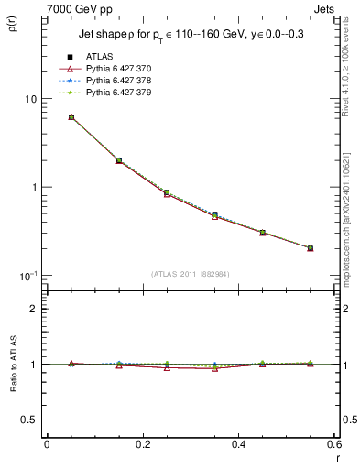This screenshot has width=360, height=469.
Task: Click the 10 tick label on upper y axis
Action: [29, 99]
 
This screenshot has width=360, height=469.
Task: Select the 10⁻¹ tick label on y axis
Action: [27, 276]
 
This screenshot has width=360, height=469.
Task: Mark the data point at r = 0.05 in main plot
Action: [71, 117]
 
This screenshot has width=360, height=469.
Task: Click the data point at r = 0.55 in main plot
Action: [310, 248]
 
